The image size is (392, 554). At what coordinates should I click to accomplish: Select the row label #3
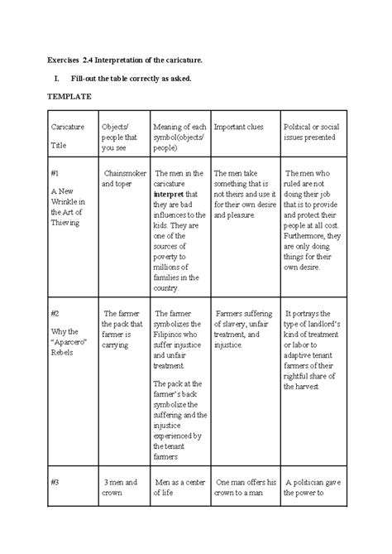point(55,481)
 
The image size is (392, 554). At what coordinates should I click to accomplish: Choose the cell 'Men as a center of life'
point(176,487)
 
